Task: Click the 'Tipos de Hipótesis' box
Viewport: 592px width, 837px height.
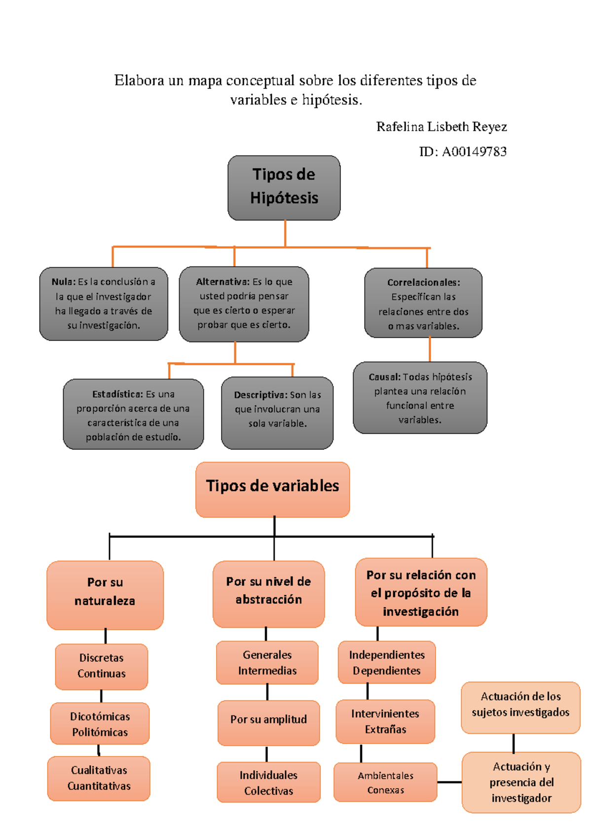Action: click(x=284, y=188)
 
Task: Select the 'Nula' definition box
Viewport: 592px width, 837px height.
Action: click(x=104, y=304)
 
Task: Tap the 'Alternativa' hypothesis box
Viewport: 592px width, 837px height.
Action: click(x=244, y=304)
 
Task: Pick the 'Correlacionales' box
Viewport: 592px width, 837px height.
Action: click(x=423, y=303)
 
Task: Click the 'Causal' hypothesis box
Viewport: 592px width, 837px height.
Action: click(x=420, y=398)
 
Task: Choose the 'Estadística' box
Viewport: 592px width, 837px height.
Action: click(x=133, y=415)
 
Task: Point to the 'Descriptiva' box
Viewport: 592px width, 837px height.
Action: click(x=277, y=413)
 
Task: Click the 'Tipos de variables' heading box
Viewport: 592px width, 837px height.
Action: click(x=272, y=489)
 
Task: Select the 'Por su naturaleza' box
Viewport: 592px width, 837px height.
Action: click(x=105, y=595)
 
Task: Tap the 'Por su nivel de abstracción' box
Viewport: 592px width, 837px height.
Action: click(x=268, y=594)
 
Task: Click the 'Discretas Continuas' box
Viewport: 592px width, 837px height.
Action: click(x=102, y=666)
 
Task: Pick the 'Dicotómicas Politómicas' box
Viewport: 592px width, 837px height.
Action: click(x=100, y=723)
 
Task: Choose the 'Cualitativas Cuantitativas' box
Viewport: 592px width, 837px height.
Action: click(x=99, y=778)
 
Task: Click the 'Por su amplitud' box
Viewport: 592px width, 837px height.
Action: click(x=268, y=722)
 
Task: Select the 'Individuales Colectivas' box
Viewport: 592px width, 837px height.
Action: click(x=268, y=782)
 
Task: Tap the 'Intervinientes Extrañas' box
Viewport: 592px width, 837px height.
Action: click(x=385, y=721)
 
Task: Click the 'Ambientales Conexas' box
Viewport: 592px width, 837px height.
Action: click(x=385, y=782)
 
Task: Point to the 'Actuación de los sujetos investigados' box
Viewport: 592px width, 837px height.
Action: click(x=520, y=707)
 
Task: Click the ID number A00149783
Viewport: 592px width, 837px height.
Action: click(x=474, y=152)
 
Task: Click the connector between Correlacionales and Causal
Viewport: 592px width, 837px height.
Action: click(x=430, y=349)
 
